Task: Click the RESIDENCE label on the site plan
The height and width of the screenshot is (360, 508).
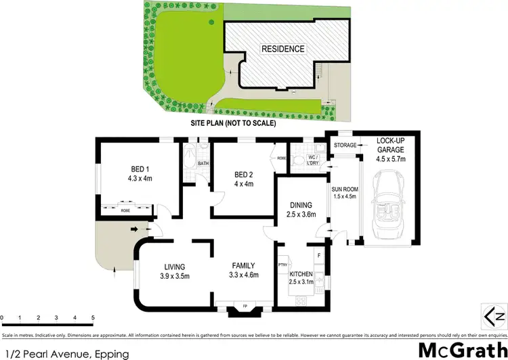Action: click(283, 49)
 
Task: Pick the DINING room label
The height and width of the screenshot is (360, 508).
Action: click(293, 211)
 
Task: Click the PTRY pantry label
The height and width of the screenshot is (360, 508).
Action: click(283, 265)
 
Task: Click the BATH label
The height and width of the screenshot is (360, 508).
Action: click(203, 163)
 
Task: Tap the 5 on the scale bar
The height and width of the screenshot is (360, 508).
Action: click(93, 318)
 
